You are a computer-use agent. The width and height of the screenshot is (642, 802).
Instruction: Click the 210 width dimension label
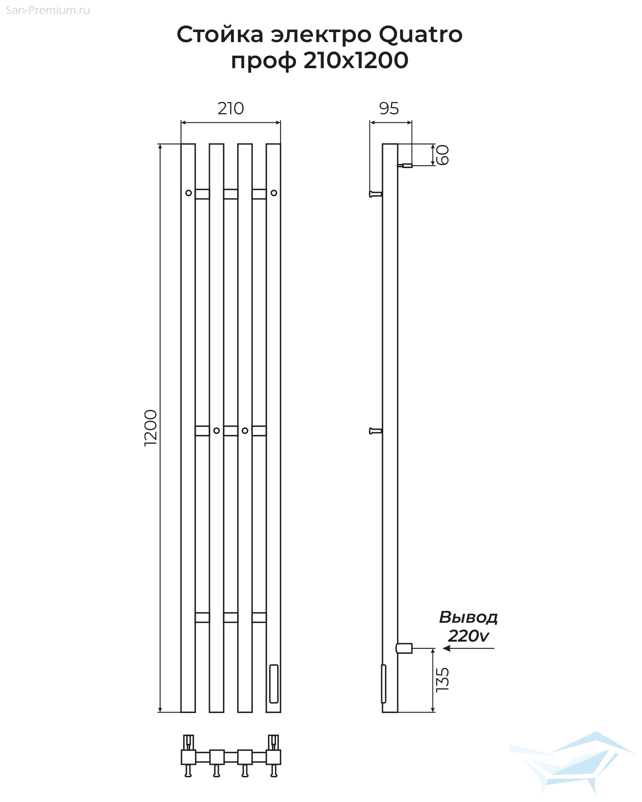click(x=231, y=108)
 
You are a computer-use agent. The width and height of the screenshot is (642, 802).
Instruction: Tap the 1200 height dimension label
click(x=151, y=428)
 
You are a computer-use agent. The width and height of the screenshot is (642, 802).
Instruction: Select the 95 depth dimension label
click(x=389, y=108)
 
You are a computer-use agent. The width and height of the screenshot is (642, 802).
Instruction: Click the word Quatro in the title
click(x=421, y=34)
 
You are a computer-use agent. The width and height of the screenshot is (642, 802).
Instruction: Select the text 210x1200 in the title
click(x=356, y=61)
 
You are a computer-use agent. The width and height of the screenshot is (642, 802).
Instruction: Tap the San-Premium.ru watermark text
click(x=48, y=10)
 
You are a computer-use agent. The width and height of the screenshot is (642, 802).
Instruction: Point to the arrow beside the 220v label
click(x=468, y=648)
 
